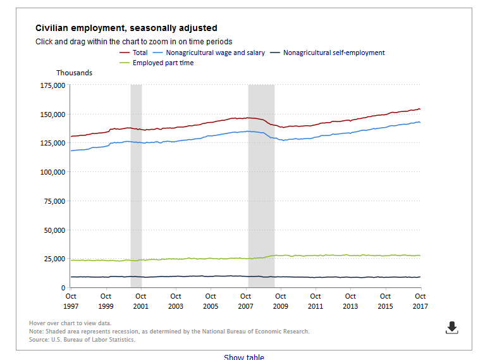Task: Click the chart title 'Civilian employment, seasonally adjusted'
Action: [x=126, y=28]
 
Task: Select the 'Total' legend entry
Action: [x=134, y=53]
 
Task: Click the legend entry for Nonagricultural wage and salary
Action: [x=209, y=53]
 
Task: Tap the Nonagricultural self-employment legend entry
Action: [x=328, y=53]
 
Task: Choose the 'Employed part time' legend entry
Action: [x=157, y=63]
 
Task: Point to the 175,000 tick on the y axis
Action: [x=53, y=85]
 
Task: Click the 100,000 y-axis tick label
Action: [x=53, y=172]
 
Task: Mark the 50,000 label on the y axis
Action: [x=54, y=230]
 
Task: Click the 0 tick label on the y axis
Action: [x=63, y=288]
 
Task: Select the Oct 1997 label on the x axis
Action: [x=71, y=301]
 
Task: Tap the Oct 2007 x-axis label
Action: [x=245, y=301]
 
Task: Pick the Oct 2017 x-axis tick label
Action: [x=420, y=301]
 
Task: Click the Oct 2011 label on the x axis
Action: [x=315, y=301]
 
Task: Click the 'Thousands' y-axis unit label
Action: [x=75, y=73]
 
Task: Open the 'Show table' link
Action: [x=244, y=357]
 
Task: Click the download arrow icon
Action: [x=452, y=328]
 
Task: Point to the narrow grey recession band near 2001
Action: [x=136, y=186]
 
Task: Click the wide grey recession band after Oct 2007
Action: [x=261, y=186]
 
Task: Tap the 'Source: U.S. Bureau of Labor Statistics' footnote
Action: [x=82, y=340]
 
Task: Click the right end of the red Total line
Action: [x=420, y=109]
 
